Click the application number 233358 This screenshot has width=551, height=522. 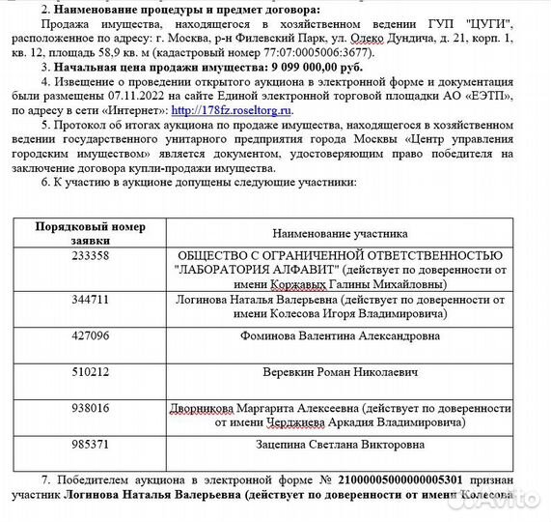[92, 256]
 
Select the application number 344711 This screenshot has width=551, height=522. [92, 300]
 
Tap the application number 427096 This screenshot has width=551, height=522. [92, 335]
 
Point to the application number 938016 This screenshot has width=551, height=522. [92, 408]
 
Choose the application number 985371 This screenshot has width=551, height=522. [92, 445]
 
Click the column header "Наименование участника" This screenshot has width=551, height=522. [340, 233]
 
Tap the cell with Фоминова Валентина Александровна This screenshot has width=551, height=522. [340, 335]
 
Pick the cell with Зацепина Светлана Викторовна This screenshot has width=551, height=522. [340, 445]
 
